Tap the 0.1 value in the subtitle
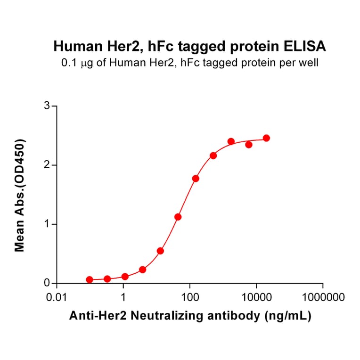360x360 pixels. click(69, 62)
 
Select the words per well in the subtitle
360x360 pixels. click(301, 62)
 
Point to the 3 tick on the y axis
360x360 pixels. click(47, 106)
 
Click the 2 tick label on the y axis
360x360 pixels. click(47, 165)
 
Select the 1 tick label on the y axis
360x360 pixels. click(47, 224)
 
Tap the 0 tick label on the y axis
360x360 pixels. click(47, 283)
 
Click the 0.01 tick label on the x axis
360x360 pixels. click(57, 298)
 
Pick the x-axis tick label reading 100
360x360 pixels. click(189, 298)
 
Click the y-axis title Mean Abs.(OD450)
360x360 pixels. click(20, 195)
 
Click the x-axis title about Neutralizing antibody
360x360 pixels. click(189, 317)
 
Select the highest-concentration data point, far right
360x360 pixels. click(266, 138)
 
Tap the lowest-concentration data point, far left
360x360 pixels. click(90, 279)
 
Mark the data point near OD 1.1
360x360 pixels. click(178, 217)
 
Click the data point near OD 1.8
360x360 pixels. click(196, 179)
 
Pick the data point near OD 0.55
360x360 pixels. click(160, 251)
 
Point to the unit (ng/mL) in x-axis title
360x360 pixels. click(286, 317)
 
